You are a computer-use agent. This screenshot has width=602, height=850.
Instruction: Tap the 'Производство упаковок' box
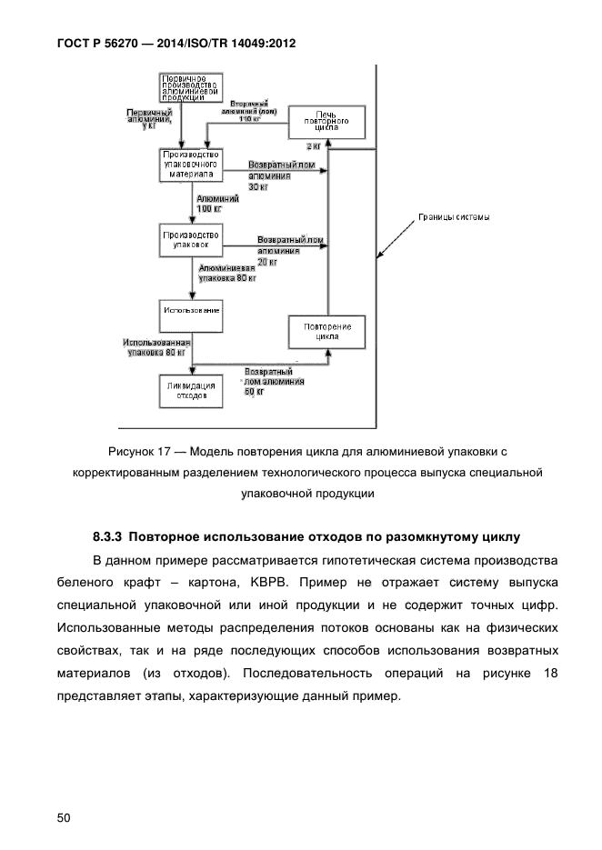coord(191,241)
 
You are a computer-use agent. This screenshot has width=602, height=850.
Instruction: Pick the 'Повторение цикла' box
coord(327,331)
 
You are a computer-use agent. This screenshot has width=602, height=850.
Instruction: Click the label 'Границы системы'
coord(454,217)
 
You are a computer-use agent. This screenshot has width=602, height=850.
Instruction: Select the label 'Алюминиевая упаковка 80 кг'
coord(227,275)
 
